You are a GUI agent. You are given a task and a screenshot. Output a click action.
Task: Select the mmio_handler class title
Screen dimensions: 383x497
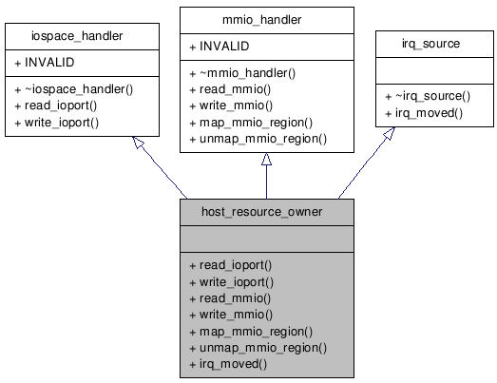click(x=266, y=20)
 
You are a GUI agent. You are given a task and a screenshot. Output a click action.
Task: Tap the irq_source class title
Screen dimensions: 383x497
click(x=435, y=44)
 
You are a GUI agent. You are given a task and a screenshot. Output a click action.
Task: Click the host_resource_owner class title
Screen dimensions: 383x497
click(x=266, y=211)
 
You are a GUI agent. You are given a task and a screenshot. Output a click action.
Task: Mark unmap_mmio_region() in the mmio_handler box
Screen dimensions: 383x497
click(x=262, y=139)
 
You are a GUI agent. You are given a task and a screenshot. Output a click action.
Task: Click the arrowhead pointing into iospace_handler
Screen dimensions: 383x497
click(x=138, y=144)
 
